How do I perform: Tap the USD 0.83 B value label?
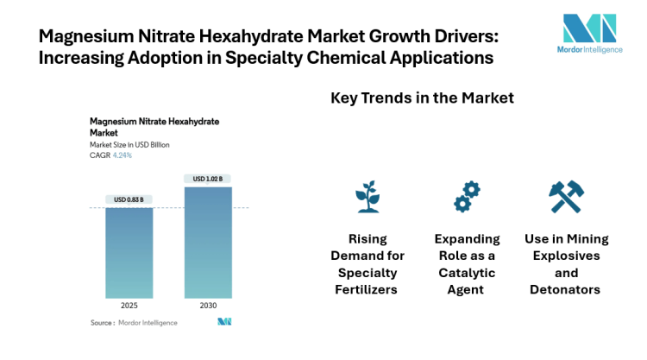[x=129, y=199]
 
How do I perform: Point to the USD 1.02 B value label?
[x=208, y=179]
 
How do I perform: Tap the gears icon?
[x=467, y=198]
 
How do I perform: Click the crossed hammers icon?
[x=566, y=197]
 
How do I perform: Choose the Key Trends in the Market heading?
[x=423, y=98]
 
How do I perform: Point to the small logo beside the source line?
[x=224, y=322]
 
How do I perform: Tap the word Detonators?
[x=566, y=289]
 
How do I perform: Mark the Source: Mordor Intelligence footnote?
[x=134, y=322]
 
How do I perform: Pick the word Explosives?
[x=566, y=256]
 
